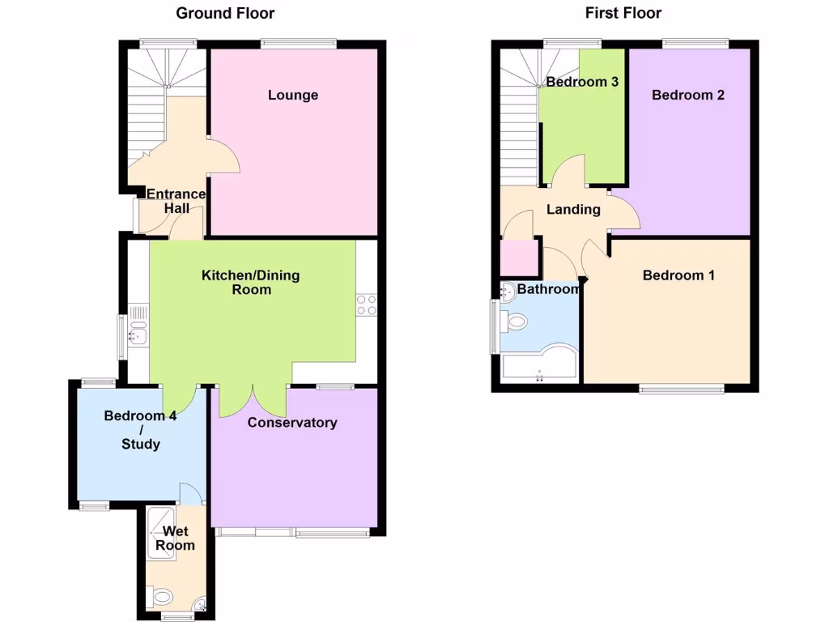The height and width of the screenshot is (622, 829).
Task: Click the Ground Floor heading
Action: (x=225, y=13)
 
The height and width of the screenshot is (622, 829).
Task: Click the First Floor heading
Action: (x=623, y=13)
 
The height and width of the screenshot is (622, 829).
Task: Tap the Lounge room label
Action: (x=293, y=95)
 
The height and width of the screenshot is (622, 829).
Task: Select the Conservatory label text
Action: (x=292, y=422)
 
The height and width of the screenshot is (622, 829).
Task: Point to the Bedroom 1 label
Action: (x=678, y=275)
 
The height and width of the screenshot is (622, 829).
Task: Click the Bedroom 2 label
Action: (x=688, y=95)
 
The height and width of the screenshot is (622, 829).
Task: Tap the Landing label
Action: (x=573, y=210)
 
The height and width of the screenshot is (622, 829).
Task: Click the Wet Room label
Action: (x=176, y=539)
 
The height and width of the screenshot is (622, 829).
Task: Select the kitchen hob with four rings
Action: (x=366, y=305)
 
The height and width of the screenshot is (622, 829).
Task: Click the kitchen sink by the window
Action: (x=137, y=333)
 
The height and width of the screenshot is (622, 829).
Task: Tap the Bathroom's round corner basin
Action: (x=508, y=292)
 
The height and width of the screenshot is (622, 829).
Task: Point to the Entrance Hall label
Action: (x=176, y=201)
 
